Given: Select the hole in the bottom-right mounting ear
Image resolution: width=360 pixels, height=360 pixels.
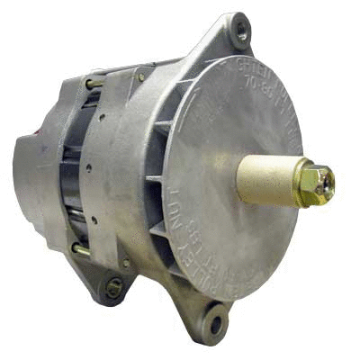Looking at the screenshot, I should point(217,317).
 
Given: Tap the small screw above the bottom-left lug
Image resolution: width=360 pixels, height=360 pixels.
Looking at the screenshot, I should point(126,262).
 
